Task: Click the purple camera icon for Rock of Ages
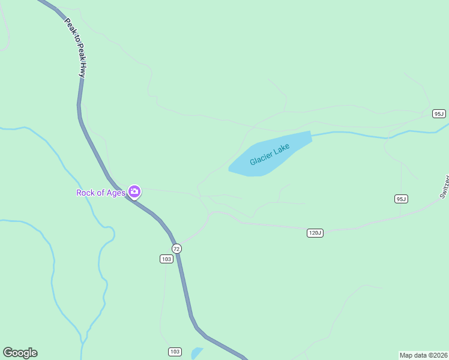click(134, 192)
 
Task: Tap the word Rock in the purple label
click(86, 193)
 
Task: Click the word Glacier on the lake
click(261, 158)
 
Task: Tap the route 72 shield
click(176, 248)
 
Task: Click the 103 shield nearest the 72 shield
click(167, 259)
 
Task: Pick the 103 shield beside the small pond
click(175, 352)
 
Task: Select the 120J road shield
click(315, 233)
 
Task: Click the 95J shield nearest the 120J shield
click(401, 199)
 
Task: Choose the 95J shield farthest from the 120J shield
click(439, 113)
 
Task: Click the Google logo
click(20, 353)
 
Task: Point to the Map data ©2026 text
click(423, 355)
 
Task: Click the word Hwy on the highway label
click(80, 68)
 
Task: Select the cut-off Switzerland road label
click(444, 187)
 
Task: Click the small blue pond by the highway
click(196, 353)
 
